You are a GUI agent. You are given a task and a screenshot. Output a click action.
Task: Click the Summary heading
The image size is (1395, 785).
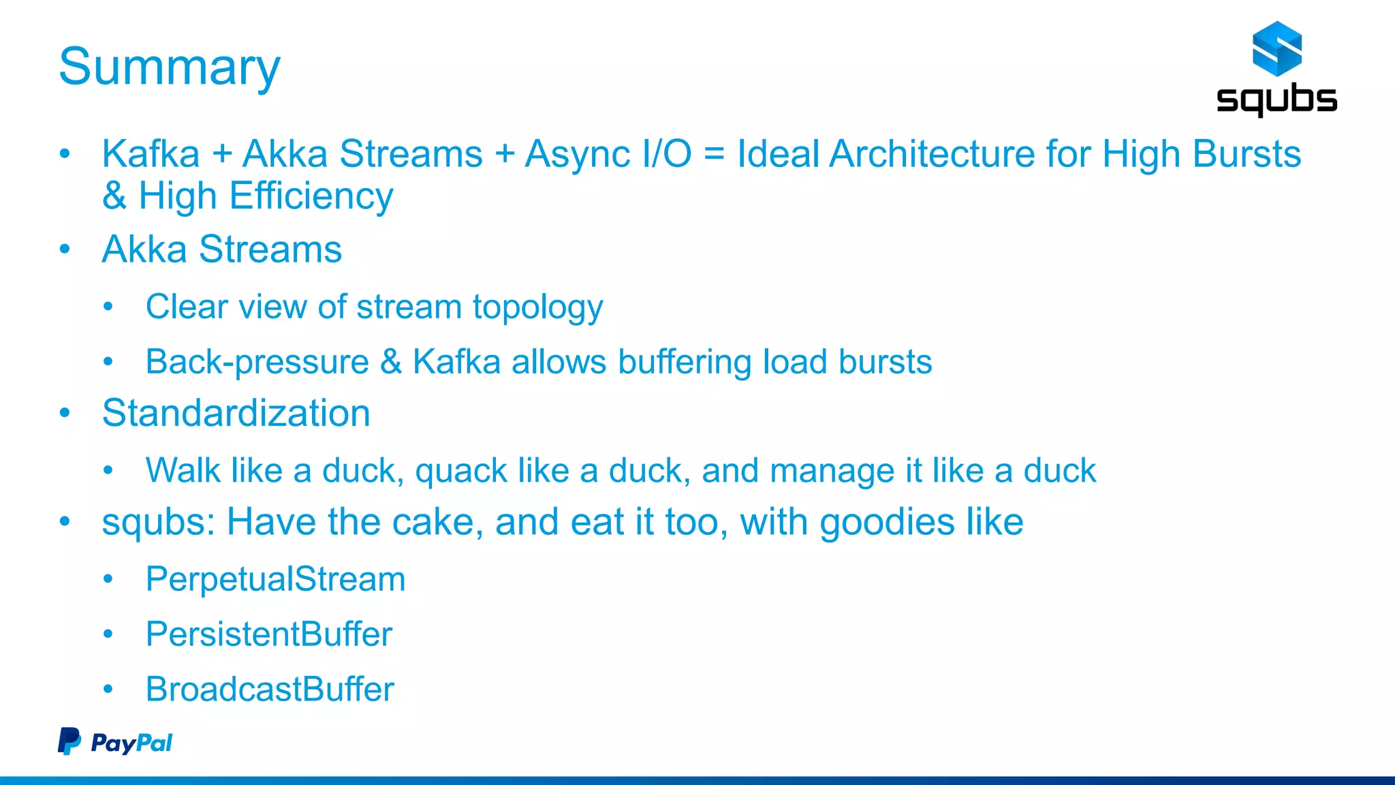(x=169, y=67)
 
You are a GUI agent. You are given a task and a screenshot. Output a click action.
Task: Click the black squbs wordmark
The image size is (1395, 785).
(x=1276, y=99)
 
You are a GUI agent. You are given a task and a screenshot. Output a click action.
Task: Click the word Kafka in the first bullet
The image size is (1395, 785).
(x=151, y=154)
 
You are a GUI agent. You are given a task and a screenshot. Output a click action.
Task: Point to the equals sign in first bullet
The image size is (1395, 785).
(x=713, y=154)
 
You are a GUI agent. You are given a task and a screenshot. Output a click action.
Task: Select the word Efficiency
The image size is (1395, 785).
(x=311, y=196)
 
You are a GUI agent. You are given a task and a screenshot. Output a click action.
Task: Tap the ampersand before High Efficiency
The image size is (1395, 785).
(x=114, y=196)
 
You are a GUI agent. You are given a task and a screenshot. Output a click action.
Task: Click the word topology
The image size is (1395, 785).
(x=537, y=307)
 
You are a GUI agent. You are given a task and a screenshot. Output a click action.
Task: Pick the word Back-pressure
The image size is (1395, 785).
(x=257, y=362)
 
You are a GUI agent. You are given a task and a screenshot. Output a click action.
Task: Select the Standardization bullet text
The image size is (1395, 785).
(x=236, y=413)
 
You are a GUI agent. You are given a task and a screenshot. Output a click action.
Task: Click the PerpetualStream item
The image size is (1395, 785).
(x=275, y=579)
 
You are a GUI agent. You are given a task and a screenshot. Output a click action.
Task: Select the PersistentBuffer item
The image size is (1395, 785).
(x=268, y=634)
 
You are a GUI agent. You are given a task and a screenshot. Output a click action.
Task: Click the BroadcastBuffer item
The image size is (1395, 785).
(x=270, y=689)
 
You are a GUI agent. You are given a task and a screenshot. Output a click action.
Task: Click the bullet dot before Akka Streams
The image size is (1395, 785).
(x=65, y=249)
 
